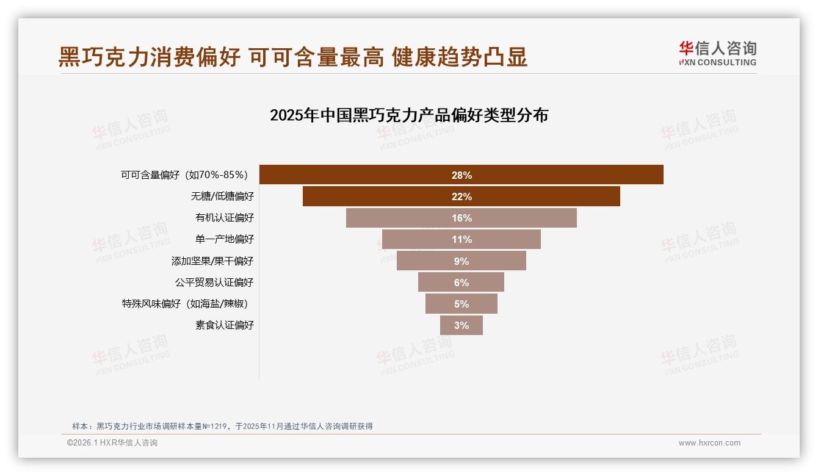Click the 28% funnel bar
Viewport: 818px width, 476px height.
[x=461, y=175]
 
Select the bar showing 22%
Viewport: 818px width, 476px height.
[x=461, y=197]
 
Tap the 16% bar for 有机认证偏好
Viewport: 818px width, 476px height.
[x=461, y=218]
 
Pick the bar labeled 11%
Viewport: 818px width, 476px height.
[x=461, y=239]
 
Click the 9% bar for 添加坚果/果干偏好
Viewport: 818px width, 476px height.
[x=461, y=261]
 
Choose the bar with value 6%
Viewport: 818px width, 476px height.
[x=461, y=283]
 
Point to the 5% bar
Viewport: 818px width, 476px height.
[x=461, y=304]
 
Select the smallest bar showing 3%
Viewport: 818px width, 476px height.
[x=461, y=325]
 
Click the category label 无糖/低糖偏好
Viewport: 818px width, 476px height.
[x=222, y=197]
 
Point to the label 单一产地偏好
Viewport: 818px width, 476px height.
[x=224, y=239]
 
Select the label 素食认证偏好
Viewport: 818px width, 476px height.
[x=224, y=325]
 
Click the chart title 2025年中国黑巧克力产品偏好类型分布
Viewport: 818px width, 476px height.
[x=409, y=115]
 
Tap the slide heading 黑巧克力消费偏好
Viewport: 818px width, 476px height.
[x=150, y=57]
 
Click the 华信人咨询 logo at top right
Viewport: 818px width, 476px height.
[x=717, y=54]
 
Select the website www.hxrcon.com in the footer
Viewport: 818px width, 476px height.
[x=709, y=443]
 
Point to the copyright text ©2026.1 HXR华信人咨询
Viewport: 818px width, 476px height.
[x=112, y=443]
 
